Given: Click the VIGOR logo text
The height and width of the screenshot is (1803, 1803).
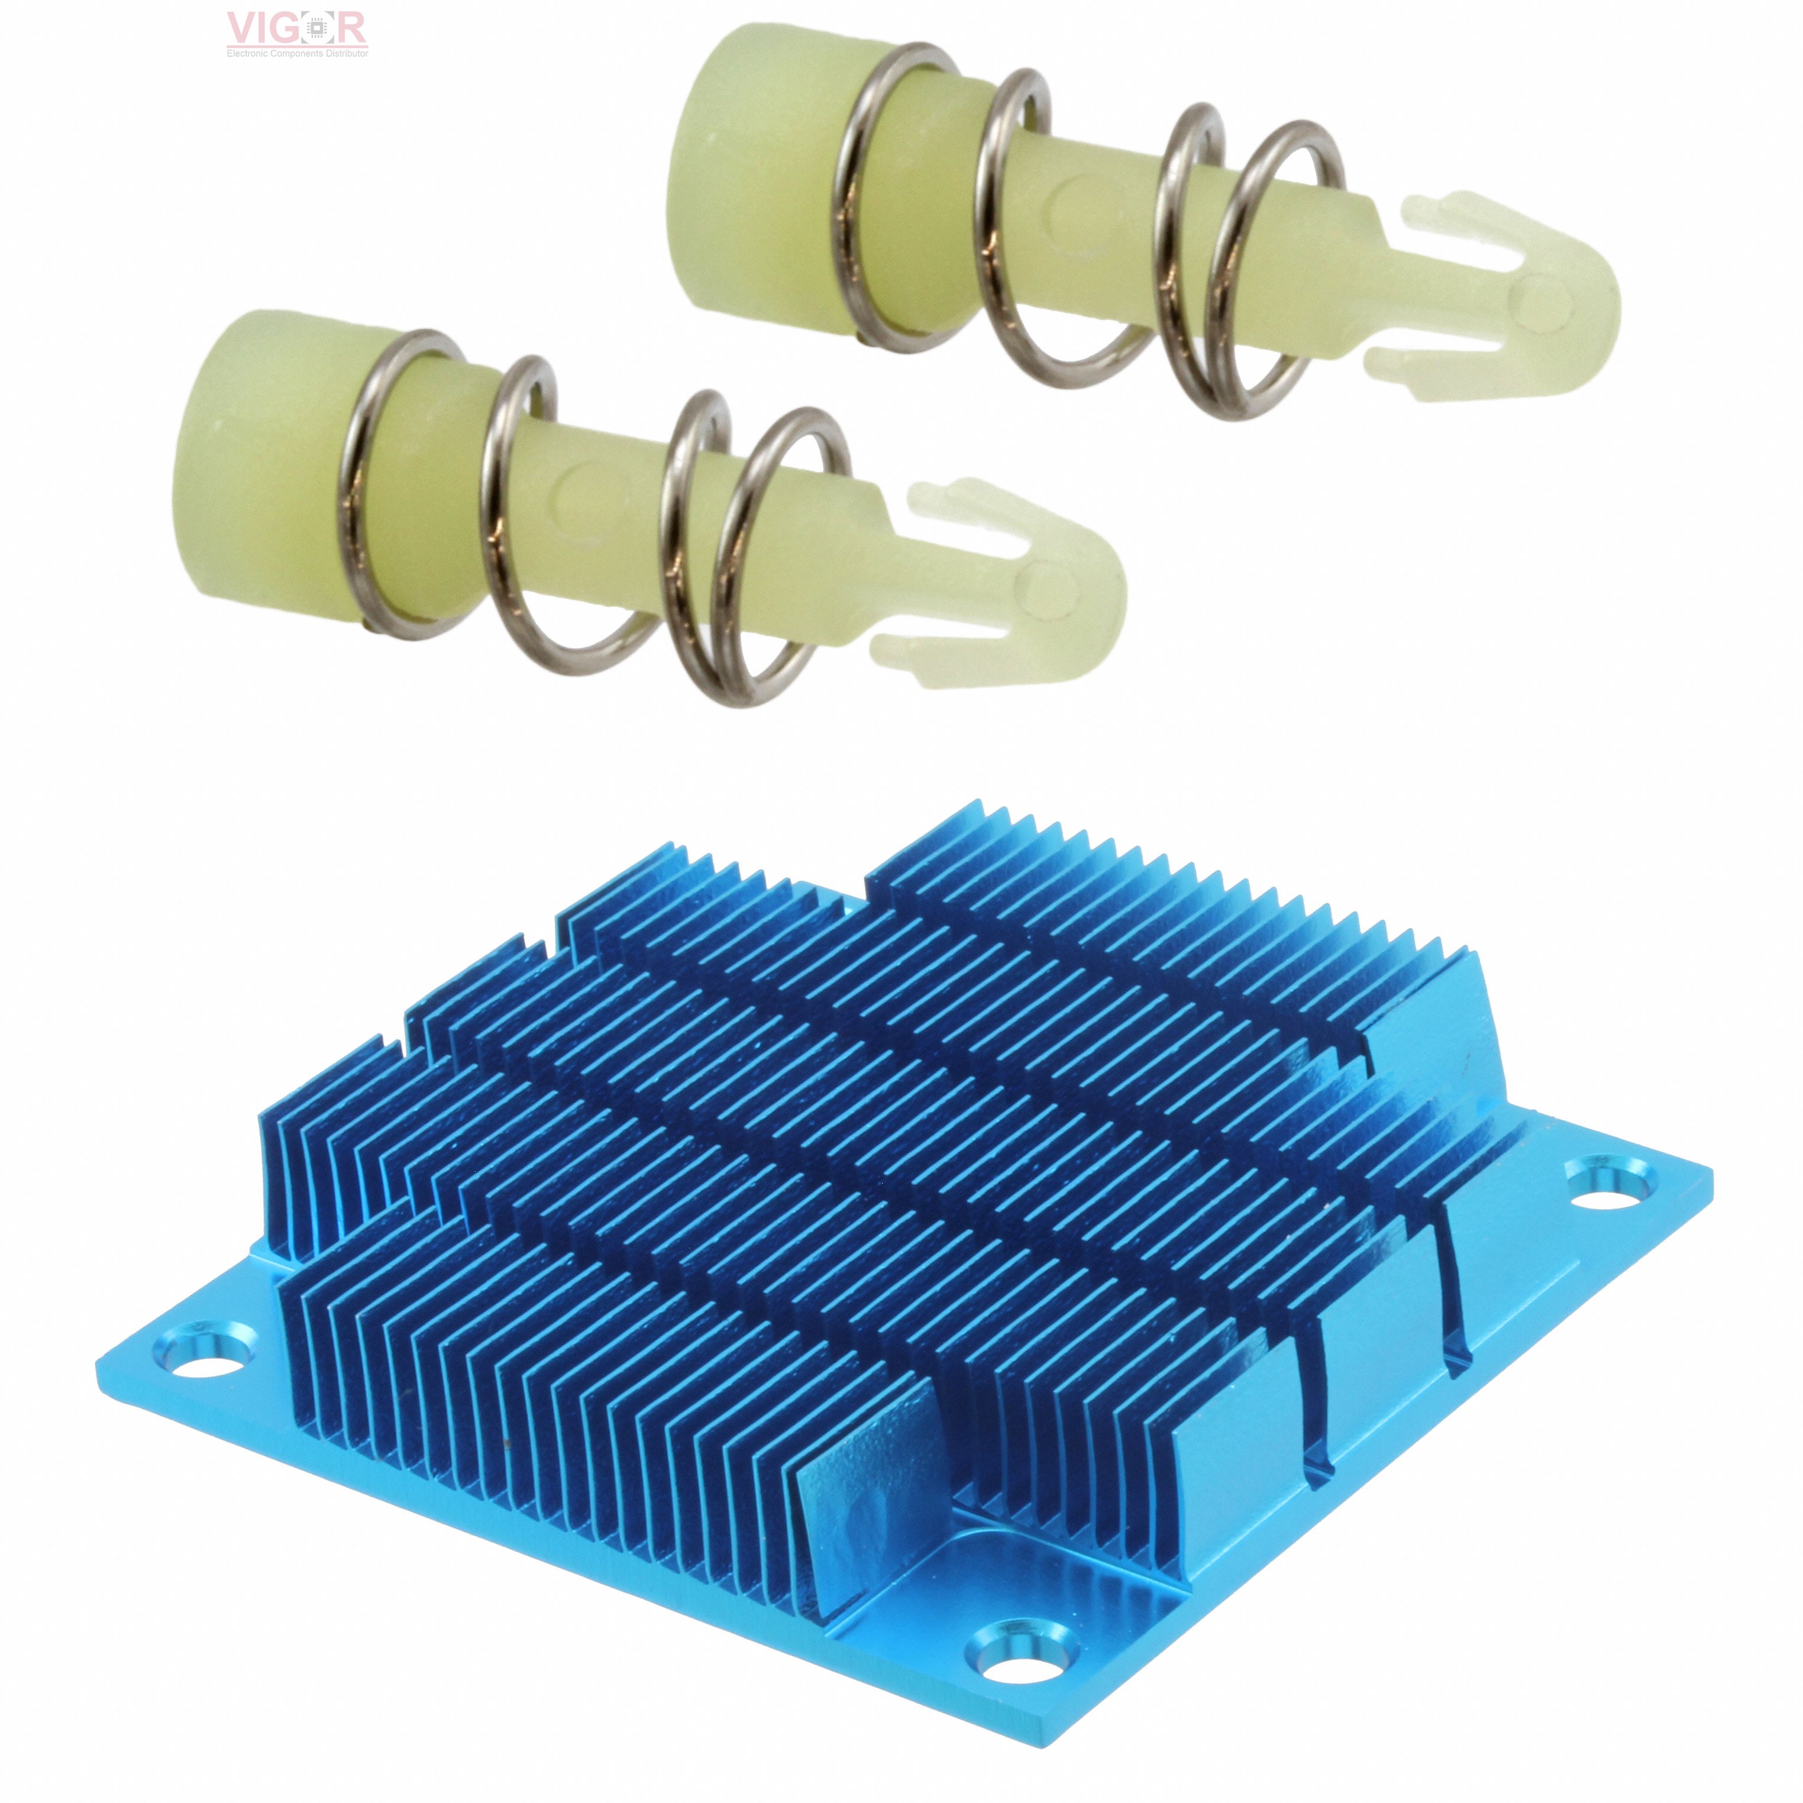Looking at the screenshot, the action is (297, 28).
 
